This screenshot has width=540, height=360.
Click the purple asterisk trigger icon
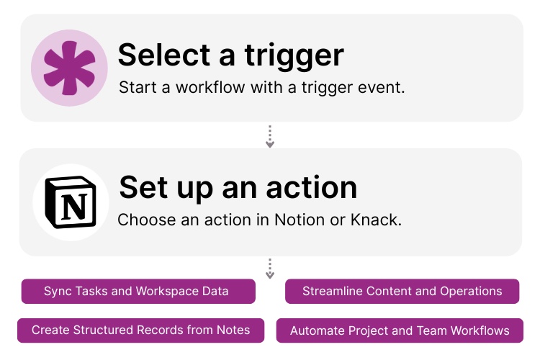coord(69,68)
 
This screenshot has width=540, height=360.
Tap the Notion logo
coord(71,202)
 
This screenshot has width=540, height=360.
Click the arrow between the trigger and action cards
coord(270,135)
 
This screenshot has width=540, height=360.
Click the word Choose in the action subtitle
coord(145,220)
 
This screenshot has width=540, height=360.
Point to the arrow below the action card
coord(270,268)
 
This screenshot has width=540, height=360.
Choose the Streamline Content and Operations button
coord(402,292)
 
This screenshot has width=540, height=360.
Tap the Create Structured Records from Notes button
coord(140,330)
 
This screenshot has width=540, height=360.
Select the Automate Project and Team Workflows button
coord(400,331)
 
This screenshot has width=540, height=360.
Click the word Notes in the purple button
coord(233,330)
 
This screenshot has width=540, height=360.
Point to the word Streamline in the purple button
coord(333,292)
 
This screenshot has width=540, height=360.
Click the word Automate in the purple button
coord(317,331)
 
